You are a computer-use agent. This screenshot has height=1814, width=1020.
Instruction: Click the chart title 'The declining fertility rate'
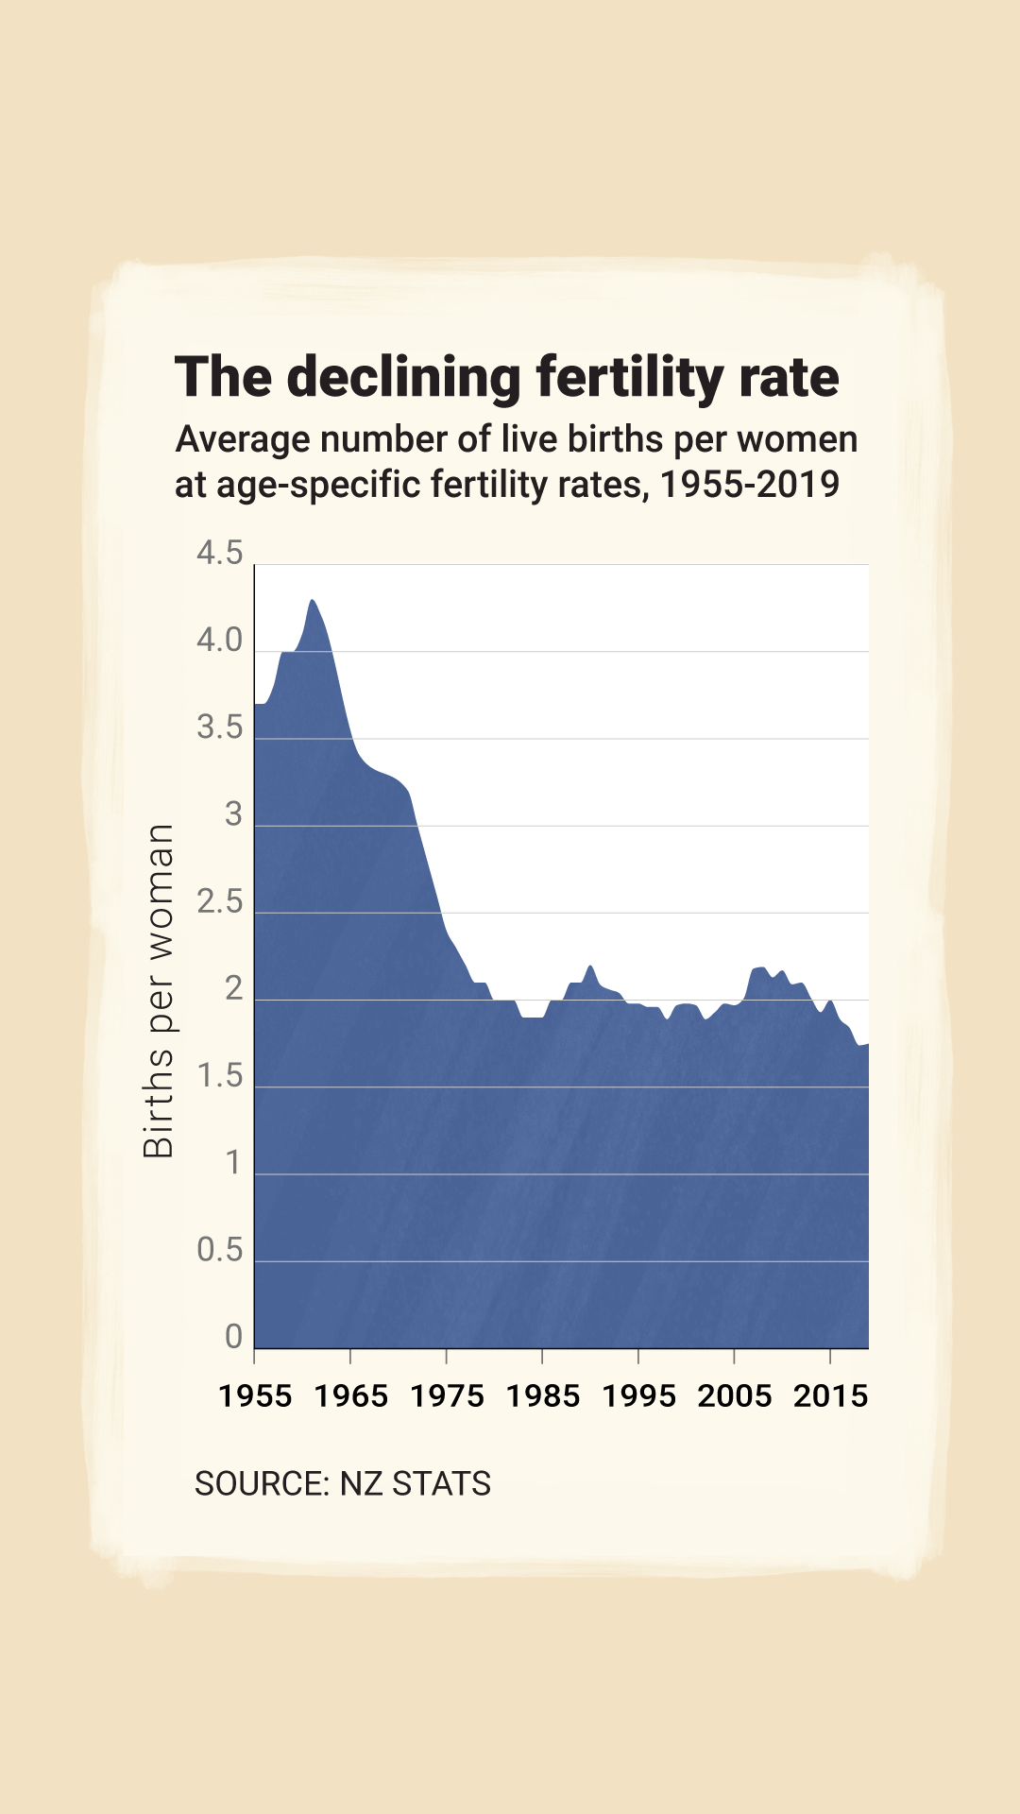(x=507, y=377)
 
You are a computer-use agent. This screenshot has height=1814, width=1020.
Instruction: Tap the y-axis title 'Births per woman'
(x=159, y=990)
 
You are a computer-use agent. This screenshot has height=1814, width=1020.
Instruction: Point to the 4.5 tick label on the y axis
(x=219, y=553)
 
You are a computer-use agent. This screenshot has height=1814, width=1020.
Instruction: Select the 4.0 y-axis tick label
(x=219, y=641)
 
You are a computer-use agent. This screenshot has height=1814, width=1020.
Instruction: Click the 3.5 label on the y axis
(x=219, y=727)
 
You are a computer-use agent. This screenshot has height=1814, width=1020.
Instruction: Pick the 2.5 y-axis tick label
(x=219, y=902)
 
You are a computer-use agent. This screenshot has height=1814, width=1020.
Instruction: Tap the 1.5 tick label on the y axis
(x=219, y=1076)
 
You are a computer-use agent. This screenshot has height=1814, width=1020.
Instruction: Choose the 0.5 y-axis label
(x=219, y=1250)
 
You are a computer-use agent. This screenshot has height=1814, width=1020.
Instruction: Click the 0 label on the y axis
(x=233, y=1337)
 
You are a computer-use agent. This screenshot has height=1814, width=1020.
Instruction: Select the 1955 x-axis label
(x=255, y=1395)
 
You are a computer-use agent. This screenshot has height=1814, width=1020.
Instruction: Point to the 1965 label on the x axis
(x=350, y=1395)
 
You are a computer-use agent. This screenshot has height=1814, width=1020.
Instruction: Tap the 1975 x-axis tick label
(x=447, y=1395)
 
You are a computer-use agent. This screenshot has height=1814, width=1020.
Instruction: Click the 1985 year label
(x=543, y=1395)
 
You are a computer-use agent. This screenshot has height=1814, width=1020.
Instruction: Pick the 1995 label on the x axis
(x=638, y=1395)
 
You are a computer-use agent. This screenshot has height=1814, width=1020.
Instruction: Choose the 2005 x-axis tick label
(x=735, y=1395)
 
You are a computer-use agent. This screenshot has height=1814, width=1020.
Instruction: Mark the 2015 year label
(x=830, y=1395)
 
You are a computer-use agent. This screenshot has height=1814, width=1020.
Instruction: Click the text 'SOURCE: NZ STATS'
(x=342, y=1483)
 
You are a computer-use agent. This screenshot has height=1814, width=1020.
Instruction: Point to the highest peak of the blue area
(x=313, y=601)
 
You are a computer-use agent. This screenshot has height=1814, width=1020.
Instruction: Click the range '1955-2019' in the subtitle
(x=750, y=485)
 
